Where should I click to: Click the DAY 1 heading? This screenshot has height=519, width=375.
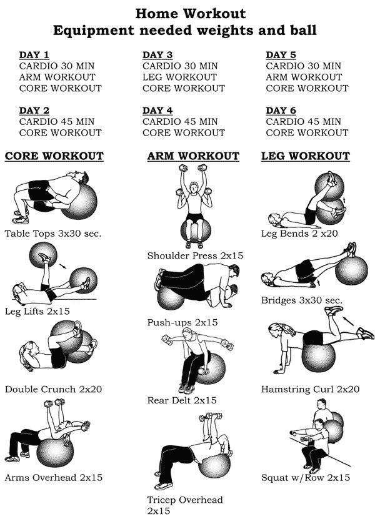[x=34, y=55]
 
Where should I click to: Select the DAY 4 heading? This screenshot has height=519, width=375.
[x=157, y=111]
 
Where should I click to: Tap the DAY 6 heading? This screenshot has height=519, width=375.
[x=281, y=111]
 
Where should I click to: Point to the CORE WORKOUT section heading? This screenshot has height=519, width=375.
[x=54, y=156]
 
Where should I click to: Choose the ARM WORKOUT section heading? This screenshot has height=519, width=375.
[x=193, y=156]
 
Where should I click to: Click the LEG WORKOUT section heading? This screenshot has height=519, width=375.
[x=305, y=156]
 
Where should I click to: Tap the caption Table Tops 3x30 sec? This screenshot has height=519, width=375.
[x=53, y=234]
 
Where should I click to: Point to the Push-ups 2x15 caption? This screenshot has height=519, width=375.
[x=182, y=322]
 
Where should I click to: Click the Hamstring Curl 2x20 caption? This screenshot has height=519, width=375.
[x=310, y=389]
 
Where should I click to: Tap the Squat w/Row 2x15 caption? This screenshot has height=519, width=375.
[x=305, y=478]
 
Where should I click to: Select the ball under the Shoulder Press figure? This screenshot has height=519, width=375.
[x=196, y=230]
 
